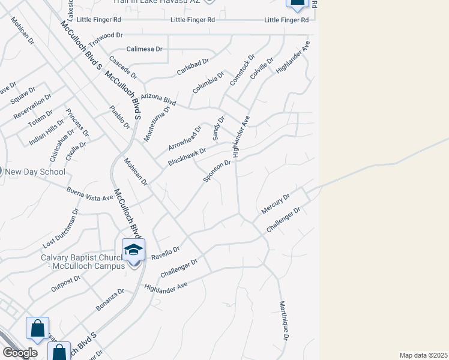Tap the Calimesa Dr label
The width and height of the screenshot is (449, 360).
(x=144, y=49)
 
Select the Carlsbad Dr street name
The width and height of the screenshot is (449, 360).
(x=192, y=67)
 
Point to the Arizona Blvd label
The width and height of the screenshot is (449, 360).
(x=158, y=99)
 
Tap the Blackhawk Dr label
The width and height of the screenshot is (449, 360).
(x=187, y=157)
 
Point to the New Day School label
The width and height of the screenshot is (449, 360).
(x=35, y=172)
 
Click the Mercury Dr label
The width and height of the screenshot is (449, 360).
(x=276, y=204)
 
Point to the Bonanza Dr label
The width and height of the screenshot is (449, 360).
(x=110, y=300)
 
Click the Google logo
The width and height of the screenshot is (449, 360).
(x=20, y=353)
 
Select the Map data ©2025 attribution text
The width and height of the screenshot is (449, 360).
(x=423, y=355)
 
